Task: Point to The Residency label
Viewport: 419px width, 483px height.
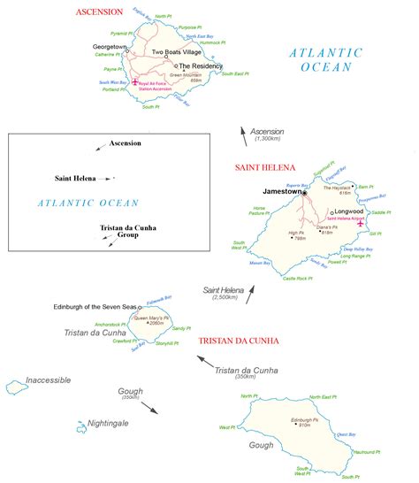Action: (x=202, y=65)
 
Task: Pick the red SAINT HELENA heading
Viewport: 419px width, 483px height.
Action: (x=263, y=167)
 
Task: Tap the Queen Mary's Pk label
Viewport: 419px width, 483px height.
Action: (x=150, y=318)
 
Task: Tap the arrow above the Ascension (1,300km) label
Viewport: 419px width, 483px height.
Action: (x=245, y=134)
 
